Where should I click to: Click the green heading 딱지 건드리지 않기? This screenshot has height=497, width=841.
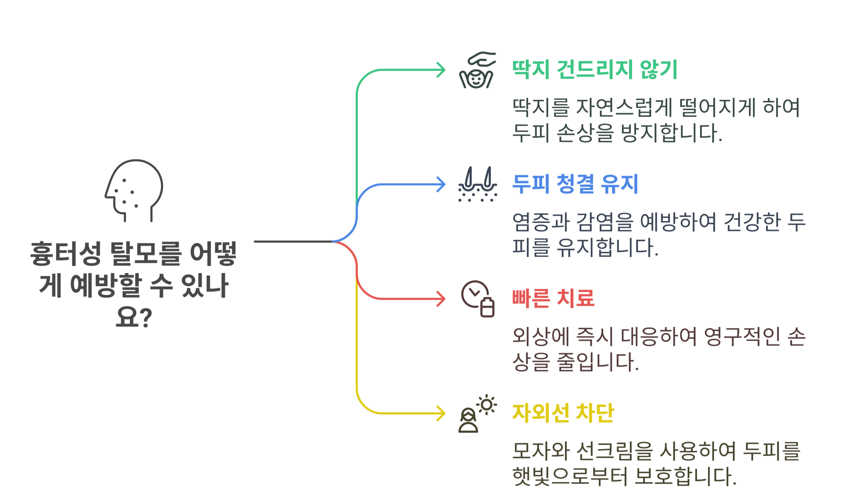click(x=595, y=69)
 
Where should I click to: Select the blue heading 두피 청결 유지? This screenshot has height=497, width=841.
click(x=575, y=184)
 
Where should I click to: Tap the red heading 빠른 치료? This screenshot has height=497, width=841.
click(x=553, y=298)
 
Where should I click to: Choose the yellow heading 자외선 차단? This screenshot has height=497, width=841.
click(x=563, y=413)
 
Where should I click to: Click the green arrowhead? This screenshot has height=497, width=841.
click(x=442, y=70)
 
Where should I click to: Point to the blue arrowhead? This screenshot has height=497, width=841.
click(x=442, y=184)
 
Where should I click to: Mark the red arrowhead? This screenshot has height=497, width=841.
click(x=442, y=299)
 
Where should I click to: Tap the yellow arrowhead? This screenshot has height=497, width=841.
click(x=442, y=413)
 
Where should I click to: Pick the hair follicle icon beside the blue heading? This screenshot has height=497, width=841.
click(x=477, y=184)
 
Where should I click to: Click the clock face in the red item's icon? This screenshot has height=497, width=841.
click(x=474, y=293)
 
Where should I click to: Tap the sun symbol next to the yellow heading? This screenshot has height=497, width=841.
click(x=487, y=404)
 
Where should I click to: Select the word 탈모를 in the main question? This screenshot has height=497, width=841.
click(x=146, y=253)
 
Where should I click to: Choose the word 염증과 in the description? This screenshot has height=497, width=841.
click(x=540, y=222)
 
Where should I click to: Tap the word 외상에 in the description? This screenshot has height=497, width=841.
click(x=540, y=337)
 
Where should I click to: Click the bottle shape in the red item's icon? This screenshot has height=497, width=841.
click(x=487, y=307)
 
